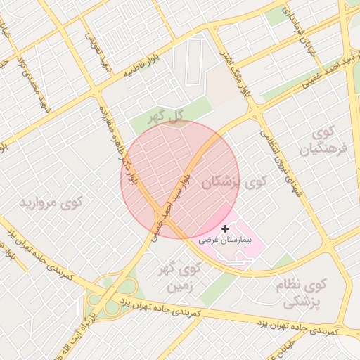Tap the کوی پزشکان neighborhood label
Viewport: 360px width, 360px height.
point(234,182)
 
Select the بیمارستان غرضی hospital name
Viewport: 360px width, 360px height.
point(224,240)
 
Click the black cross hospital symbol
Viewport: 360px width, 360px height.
point(225,229)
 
